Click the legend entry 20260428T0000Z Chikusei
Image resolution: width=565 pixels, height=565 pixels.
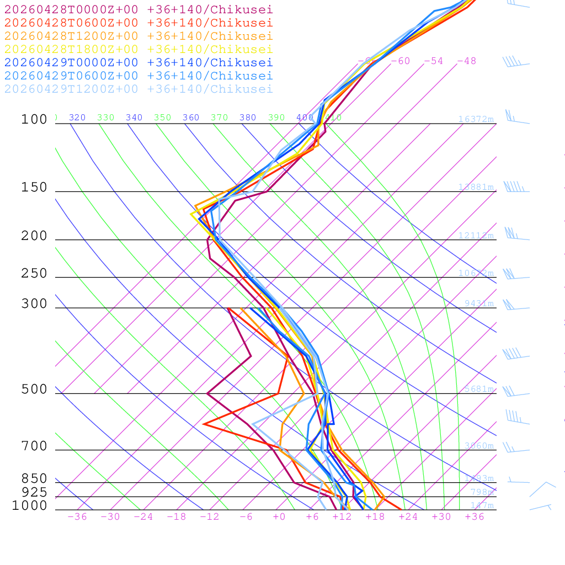pos(138,9)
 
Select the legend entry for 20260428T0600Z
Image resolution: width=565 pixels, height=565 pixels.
pos(138,23)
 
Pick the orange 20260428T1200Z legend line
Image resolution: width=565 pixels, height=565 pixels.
pos(138,36)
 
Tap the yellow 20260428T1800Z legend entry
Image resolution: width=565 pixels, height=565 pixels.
pos(138,49)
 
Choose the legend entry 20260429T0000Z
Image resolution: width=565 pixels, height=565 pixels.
pos(138,62)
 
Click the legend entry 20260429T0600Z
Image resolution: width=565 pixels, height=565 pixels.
pos(138,76)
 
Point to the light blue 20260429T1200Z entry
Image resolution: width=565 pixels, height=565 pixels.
pos(138,89)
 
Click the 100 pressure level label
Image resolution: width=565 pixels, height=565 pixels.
pos(34,120)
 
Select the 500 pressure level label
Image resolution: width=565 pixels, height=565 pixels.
pos(34,390)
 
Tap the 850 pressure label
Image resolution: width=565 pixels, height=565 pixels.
pos(34,479)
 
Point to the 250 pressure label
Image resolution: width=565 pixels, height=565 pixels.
pos(34,274)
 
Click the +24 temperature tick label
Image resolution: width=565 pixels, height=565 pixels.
pos(408,516)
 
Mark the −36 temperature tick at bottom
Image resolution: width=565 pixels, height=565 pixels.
pos(77,516)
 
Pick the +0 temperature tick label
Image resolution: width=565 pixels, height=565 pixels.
pos(279,516)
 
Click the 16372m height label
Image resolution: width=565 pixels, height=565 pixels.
pos(476,119)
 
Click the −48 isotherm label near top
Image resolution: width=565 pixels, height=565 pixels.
pos(466,61)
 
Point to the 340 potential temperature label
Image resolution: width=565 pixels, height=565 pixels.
pos(134,118)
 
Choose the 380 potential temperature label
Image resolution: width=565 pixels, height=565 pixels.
pos(248,118)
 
